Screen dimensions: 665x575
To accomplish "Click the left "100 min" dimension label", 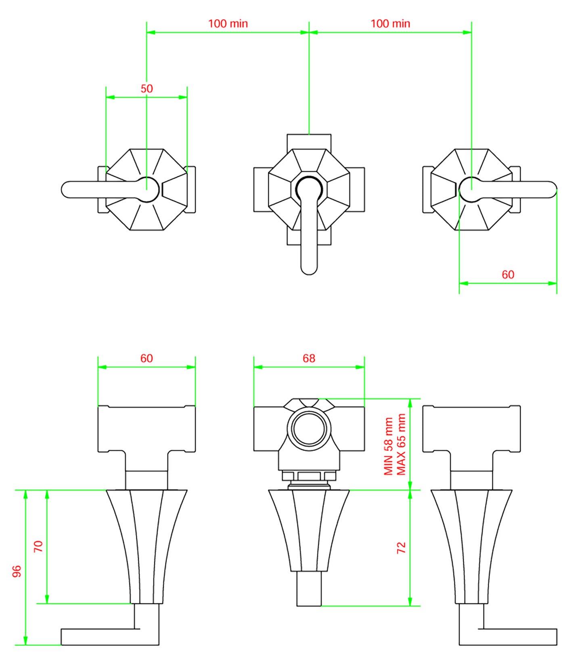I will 228,23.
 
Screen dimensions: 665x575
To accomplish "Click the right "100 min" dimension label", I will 390,23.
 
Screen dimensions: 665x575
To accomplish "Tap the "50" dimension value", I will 146,89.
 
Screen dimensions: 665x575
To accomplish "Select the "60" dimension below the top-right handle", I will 508,274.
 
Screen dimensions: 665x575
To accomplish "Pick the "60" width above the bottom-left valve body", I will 146,358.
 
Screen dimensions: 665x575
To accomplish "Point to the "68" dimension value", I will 309,358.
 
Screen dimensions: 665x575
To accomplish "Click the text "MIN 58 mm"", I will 388,446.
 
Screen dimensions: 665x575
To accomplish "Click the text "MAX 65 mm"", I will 401,445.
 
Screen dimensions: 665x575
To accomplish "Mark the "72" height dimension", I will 401,548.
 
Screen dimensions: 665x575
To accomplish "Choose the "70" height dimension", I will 38,547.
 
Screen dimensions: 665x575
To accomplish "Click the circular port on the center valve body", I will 309,428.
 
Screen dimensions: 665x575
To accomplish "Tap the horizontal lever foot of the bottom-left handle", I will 105,637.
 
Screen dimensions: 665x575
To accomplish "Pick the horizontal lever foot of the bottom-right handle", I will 512,637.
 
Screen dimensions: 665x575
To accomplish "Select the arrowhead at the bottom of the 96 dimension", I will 25,641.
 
